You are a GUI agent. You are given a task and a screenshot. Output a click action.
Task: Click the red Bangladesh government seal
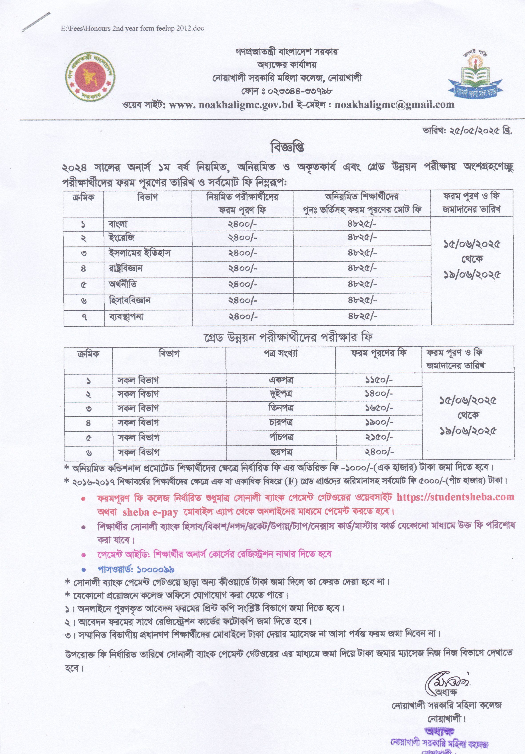coord(90,76)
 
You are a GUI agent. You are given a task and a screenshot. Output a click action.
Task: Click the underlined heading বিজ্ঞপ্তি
coord(287,147)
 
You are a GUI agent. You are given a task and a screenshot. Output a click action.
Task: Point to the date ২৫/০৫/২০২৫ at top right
coord(467,131)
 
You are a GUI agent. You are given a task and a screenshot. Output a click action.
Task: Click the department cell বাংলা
coord(118,224)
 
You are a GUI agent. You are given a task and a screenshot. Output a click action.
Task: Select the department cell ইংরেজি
coord(121,238)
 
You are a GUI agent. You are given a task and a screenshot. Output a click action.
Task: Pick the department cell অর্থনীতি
coord(123,284)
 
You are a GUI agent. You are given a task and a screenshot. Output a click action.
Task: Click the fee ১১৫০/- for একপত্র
coord(379,380)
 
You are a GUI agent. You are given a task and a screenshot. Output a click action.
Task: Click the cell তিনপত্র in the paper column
coord(281,408)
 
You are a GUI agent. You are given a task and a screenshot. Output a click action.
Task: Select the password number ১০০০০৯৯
coord(155,569)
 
